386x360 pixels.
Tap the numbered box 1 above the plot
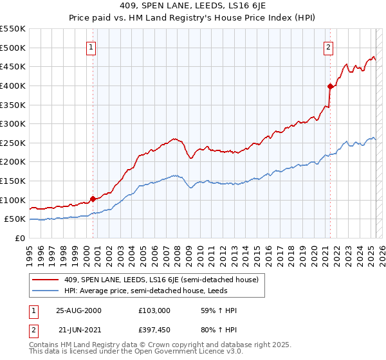91,47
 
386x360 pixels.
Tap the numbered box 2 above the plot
328,47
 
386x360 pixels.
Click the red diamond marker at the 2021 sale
330,85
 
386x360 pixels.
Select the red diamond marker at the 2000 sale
93,199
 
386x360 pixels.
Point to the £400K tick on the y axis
13,85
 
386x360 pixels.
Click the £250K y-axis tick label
13,143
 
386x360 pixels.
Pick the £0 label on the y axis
20,238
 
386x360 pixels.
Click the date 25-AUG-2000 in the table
78,310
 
